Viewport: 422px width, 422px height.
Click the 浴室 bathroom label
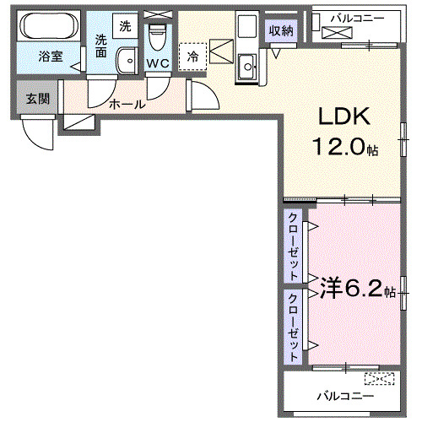point(50,57)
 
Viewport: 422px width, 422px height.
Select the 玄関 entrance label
point(37,99)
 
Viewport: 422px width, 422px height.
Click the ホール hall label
point(127,105)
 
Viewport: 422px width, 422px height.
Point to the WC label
point(158,63)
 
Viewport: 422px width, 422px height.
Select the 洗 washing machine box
point(126,25)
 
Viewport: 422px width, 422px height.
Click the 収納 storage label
point(282,31)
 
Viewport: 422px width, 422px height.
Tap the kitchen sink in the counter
point(249,67)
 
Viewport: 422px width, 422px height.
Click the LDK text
point(342,117)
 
